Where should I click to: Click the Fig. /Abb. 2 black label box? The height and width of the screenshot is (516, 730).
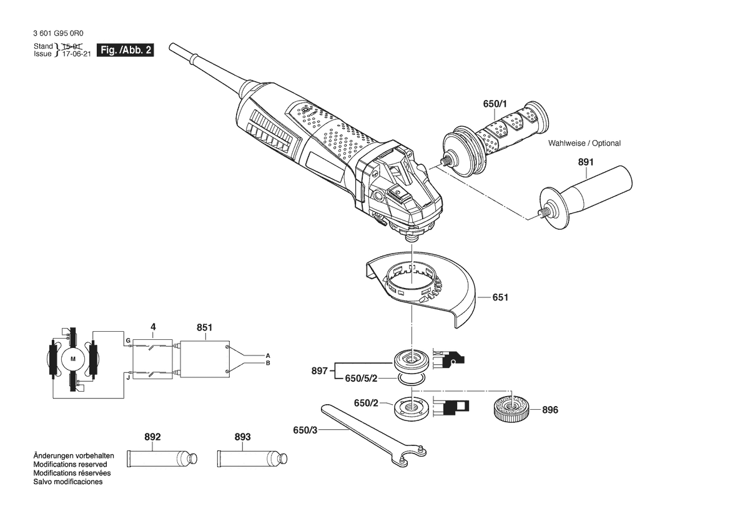(x=126, y=50)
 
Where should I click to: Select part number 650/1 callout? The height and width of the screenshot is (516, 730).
(x=495, y=104)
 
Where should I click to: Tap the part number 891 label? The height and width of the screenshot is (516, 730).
(x=586, y=162)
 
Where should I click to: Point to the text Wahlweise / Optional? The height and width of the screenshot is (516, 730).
(x=584, y=144)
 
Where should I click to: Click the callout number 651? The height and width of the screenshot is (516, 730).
(x=500, y=297)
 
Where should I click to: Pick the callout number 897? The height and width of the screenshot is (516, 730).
(x=319, y=371)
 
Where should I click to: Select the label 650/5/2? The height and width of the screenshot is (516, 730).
(x=361, y=379)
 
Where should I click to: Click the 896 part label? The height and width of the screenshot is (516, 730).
(x=550, y=410)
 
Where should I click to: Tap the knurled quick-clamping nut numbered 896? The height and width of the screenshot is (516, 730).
(x=511, y=409)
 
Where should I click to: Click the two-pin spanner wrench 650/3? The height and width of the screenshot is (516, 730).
(x=372, y=435)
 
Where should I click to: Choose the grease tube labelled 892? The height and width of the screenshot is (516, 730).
(x=162, y=459)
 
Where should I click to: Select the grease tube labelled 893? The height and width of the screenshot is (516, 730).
(x=252, y=459)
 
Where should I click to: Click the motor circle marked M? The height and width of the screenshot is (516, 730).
(x=72, y=359)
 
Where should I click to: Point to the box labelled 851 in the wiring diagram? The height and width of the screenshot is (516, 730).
(x=204, y=359)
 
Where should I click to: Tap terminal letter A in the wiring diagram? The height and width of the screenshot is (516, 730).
(x=268, y=355)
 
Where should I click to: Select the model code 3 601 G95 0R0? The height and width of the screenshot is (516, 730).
(x=59, y=34)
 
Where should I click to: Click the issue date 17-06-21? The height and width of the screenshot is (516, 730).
(x=76, y=54)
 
